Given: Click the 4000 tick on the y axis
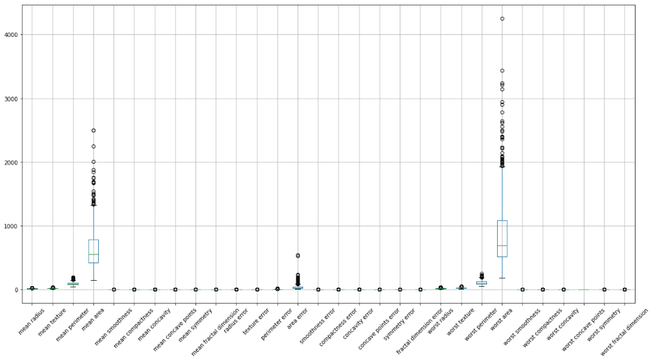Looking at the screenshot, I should (x=11, y=35).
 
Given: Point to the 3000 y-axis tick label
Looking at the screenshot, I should (x=11, y=99).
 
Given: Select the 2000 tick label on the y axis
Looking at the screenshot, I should (x=11, y=163).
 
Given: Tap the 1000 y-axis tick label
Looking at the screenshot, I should (x=11, y=226).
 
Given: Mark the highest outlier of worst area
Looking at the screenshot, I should (x=502, y=19).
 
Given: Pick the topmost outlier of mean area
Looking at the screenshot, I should (x=93, y=130).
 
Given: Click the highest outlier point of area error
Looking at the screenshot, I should (x=298, y=255).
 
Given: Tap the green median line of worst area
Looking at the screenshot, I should (x=502, y=246).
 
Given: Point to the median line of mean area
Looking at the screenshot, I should (x=93, y=255).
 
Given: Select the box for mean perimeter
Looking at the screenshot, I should (x=73, y=283).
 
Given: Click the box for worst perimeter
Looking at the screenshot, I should (x=481, y=283).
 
